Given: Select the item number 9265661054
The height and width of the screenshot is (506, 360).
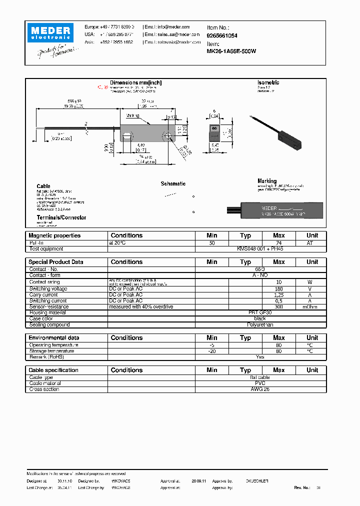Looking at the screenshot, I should pos(222,36).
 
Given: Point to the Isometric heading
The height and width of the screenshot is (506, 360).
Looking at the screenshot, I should pos(268,82).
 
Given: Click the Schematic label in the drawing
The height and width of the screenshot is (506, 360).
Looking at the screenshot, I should pos(173,184).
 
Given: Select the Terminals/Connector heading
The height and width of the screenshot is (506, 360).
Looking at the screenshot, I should pos(61,217).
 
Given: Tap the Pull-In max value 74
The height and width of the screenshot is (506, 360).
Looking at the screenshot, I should pos(278,242).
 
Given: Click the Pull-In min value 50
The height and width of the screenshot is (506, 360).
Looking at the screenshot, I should pos(212,242).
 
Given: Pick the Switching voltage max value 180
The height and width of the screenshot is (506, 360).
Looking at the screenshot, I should pos(278,288).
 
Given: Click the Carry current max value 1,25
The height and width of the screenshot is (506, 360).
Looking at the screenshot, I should pos(278,294).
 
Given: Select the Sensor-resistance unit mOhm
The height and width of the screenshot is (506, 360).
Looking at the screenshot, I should pos(312,306).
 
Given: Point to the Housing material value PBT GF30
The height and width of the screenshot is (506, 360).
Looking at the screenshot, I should pos(260,312).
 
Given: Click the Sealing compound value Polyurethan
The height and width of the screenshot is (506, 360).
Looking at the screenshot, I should pos(260,324).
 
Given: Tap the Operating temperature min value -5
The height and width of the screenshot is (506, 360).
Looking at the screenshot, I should pos(212,345).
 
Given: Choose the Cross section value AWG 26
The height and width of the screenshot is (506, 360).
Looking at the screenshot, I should pos(260,389).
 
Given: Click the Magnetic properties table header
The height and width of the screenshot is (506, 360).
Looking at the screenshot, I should pos(54,235).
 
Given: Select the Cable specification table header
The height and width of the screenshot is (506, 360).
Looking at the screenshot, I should pos(53,370).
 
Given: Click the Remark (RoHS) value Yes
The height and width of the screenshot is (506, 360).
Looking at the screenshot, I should pos(260,357).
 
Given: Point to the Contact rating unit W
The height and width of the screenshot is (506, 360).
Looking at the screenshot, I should pos(312,282).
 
